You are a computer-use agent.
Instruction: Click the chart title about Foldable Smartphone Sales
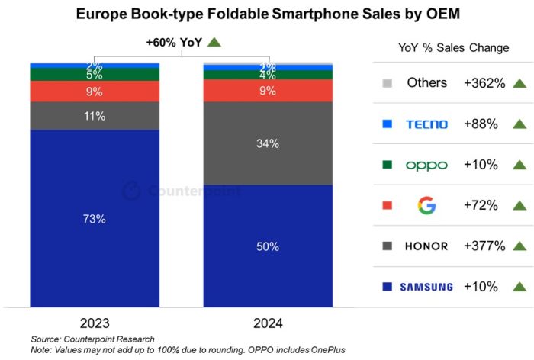(x=267, y=14)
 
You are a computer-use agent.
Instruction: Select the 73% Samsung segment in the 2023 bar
(x=95, y=219)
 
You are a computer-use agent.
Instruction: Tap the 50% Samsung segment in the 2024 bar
(x=268, y=246)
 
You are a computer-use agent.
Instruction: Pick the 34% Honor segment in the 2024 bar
(x=268, y=143)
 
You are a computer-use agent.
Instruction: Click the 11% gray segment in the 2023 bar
(x=95, y=116)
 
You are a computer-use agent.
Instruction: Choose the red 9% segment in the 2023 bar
(x=95, y=92)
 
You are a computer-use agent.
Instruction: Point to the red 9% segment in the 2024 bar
(x=268, y=91)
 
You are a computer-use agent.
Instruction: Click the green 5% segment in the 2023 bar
(x=95, y=75)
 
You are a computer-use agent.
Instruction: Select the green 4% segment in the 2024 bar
(x=268, y=75)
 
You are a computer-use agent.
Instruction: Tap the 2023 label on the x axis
(x=95, y=323)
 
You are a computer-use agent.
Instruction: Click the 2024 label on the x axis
(x=268, y=323)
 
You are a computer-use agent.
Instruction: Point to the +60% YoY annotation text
(x=173, y=43)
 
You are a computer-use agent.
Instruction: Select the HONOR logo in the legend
(x=427, y=246)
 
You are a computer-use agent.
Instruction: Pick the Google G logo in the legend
(x=427, y=205)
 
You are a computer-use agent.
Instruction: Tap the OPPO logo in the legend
(x=427, y=165)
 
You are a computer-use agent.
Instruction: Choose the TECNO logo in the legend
(x=427, y=124)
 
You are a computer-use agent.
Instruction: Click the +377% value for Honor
(x=484, y=246)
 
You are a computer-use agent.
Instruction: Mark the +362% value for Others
(x=484, y=82)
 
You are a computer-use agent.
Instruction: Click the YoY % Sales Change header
(x=453, y=47)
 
